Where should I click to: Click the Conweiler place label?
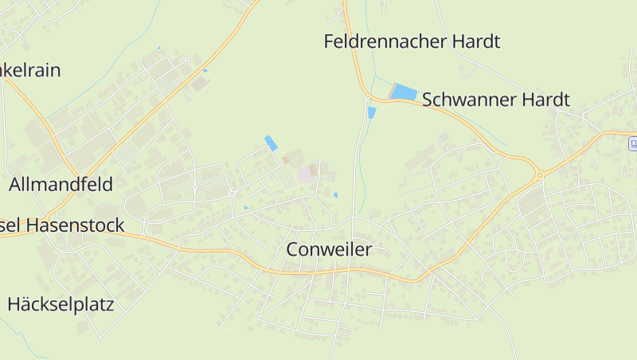(329, 249)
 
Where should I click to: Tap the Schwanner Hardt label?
(495, 100)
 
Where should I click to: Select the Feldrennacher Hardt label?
(412, 41)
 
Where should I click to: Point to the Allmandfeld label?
(61, 184)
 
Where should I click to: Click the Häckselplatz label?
(61, 303)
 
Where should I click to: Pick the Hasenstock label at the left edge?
(62, 225)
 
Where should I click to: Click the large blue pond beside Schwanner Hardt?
(404, 92)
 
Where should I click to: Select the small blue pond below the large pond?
(371, 112)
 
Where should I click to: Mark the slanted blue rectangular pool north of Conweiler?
(271, 143)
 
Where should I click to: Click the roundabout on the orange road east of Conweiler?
(539, 174)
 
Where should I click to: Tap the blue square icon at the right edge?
(633, 143)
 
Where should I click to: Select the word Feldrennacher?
(383, 41)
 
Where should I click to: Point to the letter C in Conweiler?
(293, 250)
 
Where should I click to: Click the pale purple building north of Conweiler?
(307, 173)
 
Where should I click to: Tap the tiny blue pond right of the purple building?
(336, 194)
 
